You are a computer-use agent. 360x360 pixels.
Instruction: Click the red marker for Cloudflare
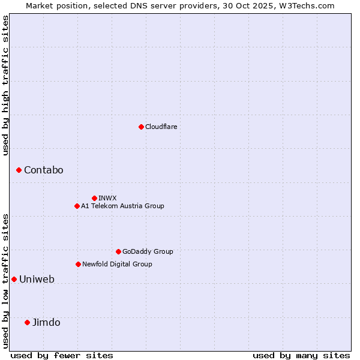tap(141, 127)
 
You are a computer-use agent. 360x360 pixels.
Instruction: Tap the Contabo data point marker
tap(19, 170)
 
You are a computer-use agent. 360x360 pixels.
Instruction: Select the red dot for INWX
tap(94, 198)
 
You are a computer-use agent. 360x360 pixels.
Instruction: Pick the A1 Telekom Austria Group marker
tap(77, 206)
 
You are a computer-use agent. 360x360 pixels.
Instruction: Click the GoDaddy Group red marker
tap(118, 251)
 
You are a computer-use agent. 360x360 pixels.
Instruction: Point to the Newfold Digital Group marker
tap(78, 264)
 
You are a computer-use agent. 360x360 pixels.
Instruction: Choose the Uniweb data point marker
tap(14, 279)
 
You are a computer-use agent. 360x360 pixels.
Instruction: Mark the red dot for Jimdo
tap(27, 322)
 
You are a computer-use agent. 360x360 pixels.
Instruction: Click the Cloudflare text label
tap(161, 127)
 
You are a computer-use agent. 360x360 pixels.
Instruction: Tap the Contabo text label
tap(43, 170)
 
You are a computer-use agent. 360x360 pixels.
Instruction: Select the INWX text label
tap(107, 198)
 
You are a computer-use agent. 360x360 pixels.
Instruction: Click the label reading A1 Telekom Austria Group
tap(122, 206)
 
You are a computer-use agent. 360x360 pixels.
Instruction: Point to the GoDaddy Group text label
tap(148, 251)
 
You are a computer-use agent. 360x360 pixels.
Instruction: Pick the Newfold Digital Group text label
tap(117, 264)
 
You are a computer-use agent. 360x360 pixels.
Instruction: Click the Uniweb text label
tap(37, 279)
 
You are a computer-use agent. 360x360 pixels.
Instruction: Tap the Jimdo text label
tap(46, 322)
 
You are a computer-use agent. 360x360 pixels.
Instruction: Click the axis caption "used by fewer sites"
tap(62, 355)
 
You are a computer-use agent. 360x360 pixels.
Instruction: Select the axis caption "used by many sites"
tap(301, 355)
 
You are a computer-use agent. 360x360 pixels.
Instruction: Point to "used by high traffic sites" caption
tap(6, 85)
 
